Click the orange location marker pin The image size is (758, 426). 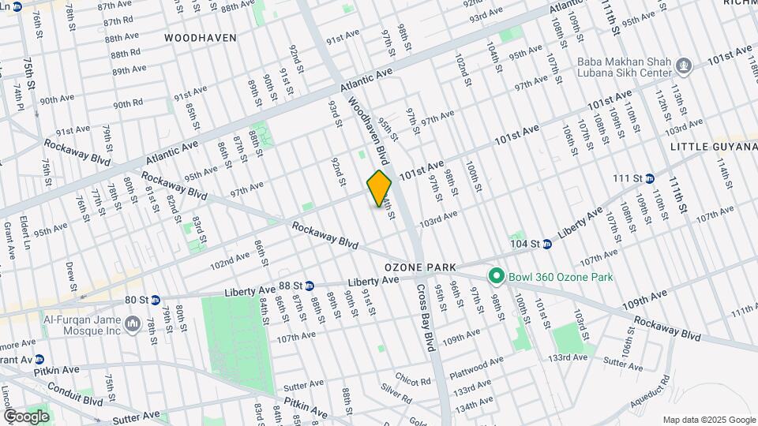click(380, 188)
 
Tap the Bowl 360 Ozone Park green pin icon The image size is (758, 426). click(496, 276)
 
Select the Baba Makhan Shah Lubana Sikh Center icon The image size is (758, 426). click(685, 65)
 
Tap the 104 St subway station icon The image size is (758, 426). click(546, 244)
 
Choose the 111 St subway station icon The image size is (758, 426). click(650, 178)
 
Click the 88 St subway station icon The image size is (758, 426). click(310, 286)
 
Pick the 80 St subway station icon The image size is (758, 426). click(156, 300)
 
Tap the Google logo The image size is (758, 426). click(26, 416)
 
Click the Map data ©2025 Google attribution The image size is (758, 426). click(708, 420)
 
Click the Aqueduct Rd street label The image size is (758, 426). click(655, 393)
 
